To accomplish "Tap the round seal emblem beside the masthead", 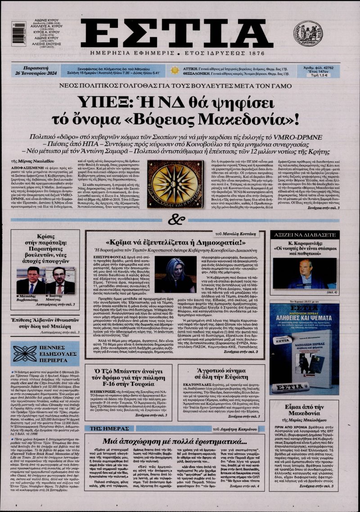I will pos(308,34).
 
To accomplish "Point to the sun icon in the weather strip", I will pos(174,70).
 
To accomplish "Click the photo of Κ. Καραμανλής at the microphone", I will pos(298,272).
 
